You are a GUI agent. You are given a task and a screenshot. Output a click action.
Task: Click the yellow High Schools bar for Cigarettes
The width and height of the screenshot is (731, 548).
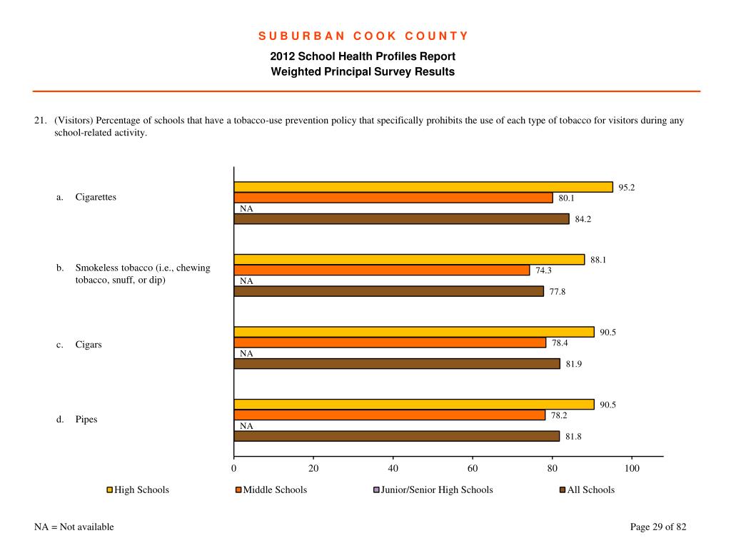tap(423, 187)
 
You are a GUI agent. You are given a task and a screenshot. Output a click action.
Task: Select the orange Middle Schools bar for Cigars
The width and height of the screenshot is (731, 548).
tap(390, 342)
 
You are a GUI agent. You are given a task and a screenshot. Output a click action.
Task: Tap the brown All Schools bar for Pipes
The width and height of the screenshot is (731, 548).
tap(397, 436)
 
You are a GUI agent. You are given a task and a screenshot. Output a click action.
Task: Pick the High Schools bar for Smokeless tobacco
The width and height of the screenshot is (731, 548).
tap(409, 260)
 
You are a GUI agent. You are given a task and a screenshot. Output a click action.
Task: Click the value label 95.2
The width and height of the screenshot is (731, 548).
tap(627, 188)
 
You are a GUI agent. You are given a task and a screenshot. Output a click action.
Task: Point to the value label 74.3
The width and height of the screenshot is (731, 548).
tap(543, 270)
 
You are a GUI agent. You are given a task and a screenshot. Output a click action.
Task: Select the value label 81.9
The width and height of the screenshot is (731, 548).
tap(574, 364)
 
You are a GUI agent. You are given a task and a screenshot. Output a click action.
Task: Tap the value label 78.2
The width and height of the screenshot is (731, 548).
tap(559, 415)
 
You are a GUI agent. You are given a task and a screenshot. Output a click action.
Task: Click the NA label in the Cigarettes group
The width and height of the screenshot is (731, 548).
tap(246, 209)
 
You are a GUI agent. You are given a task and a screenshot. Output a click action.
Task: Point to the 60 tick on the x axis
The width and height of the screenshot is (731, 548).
tap(473, 468)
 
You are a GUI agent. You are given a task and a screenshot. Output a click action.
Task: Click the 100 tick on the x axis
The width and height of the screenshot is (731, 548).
tap(632, 468)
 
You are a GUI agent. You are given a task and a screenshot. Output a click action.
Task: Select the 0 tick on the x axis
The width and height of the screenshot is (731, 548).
tap(233, 468)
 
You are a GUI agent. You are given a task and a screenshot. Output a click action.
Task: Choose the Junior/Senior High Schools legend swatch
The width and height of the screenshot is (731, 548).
tap(376, 489)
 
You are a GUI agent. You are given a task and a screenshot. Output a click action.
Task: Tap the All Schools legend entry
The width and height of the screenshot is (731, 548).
tap(587, 489)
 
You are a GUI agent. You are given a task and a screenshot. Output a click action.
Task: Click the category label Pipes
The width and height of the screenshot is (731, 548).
tap(86, 420)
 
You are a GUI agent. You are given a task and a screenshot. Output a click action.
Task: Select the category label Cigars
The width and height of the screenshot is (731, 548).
tap(89, 345)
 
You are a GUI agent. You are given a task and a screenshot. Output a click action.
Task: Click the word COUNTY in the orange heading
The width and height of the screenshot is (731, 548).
tap(436, 36)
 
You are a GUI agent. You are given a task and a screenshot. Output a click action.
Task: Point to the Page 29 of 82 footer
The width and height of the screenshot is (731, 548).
tap(658, 527)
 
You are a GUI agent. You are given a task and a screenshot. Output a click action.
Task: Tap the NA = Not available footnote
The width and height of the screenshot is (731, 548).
tap(74, 527)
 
